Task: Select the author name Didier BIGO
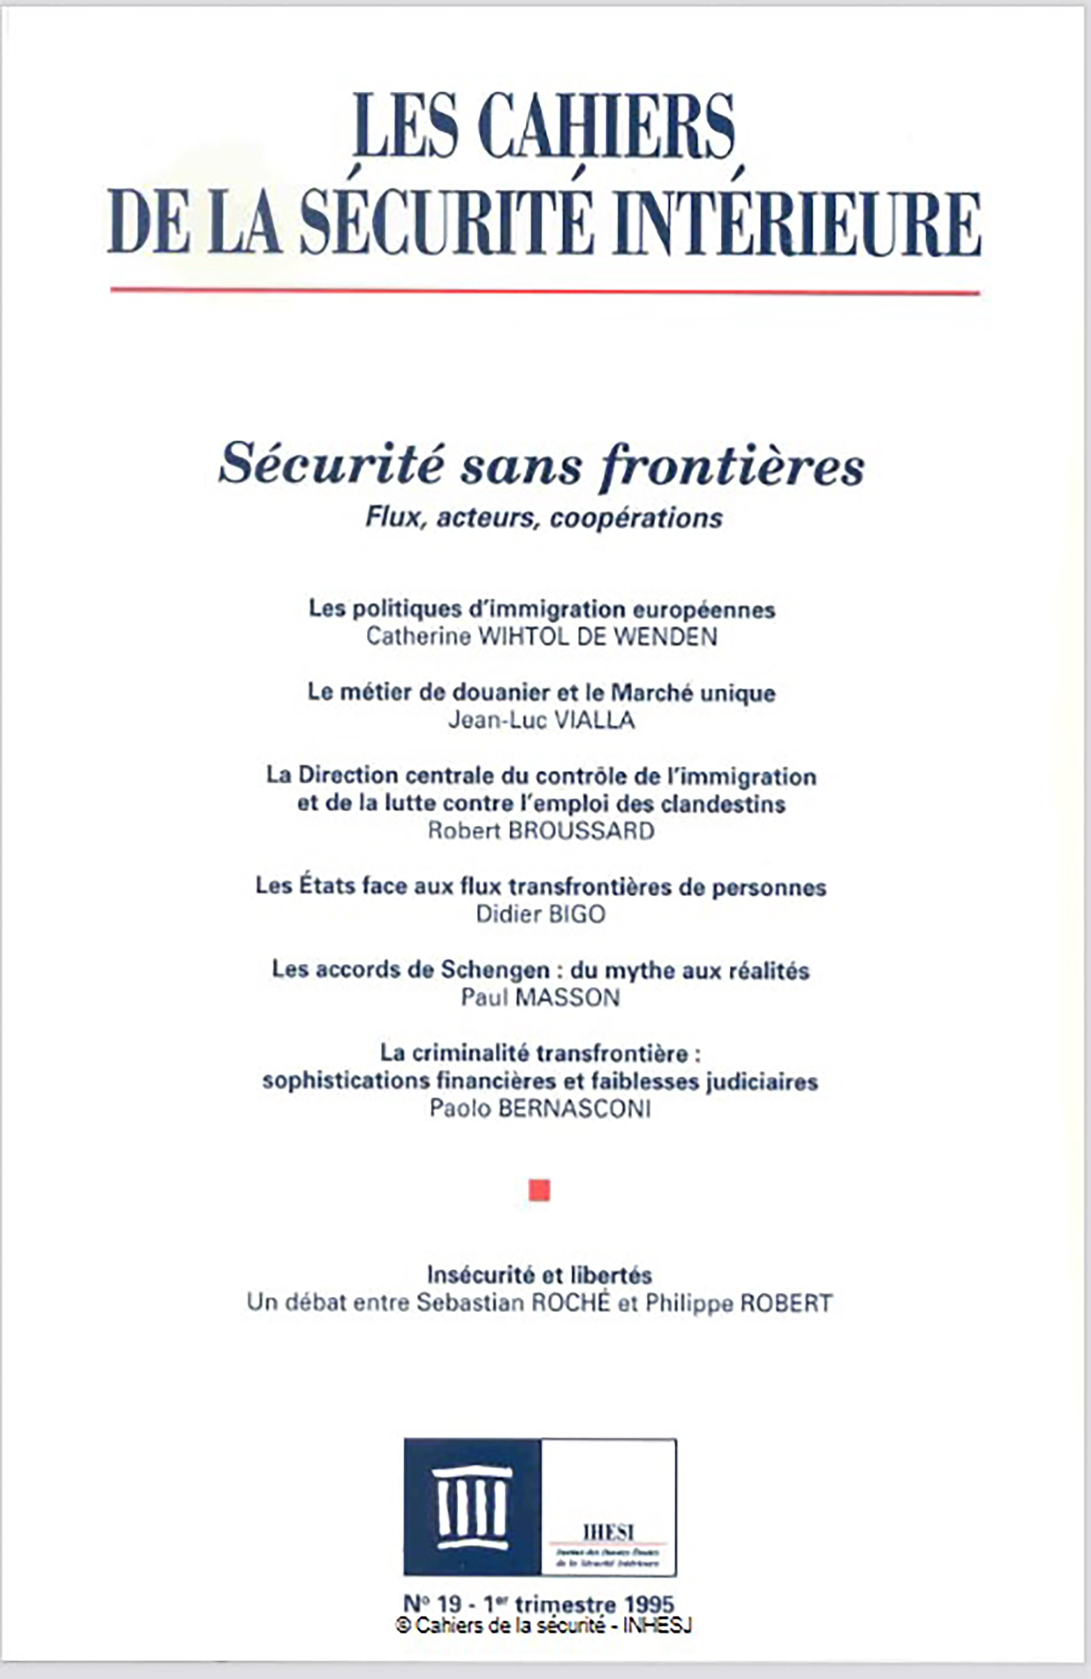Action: point(540,914)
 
